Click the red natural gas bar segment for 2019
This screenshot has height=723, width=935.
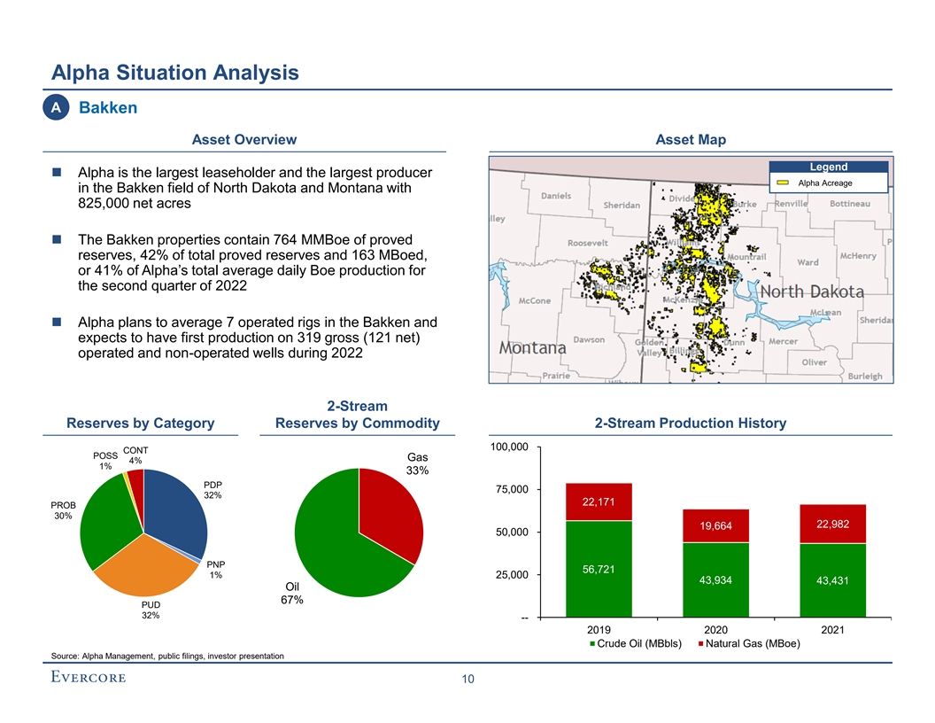[599, 502]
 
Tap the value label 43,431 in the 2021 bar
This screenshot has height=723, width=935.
[832, 581]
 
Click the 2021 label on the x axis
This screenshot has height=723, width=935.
[832, 629]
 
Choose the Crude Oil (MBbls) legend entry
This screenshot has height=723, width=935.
[635, 643]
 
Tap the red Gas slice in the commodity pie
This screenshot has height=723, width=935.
[390, 514]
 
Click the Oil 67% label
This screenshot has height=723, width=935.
[293, 593]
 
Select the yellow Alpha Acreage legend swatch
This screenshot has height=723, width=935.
[783, 183]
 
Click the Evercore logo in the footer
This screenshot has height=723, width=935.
[88, 678]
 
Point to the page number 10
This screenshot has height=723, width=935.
[467, 680]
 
